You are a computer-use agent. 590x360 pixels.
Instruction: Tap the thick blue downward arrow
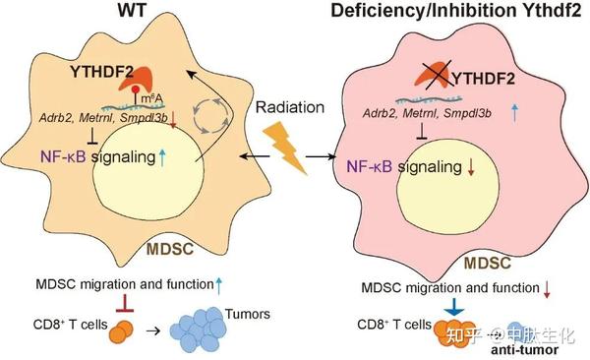click(454, 309)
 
